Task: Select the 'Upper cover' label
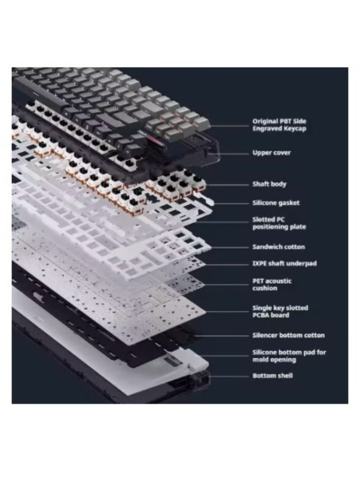point(271,153)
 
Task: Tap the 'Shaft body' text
point(269,184)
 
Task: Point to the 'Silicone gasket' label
point(275,203)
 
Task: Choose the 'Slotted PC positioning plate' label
point(279,223)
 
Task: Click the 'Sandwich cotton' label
point(278,247)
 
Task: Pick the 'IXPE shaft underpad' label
point(284,264)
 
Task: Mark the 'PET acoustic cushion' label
point(272,284)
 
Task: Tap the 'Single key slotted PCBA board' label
point(280,312)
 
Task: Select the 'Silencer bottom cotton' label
point(288,335)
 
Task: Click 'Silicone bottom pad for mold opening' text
point(289,356)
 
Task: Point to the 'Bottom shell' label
point(272,376)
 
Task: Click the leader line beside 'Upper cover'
point(232,153)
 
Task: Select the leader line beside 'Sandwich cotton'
point(229,247)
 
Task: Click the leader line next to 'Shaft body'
point(229,184)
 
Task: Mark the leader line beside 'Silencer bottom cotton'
point(229,335)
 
